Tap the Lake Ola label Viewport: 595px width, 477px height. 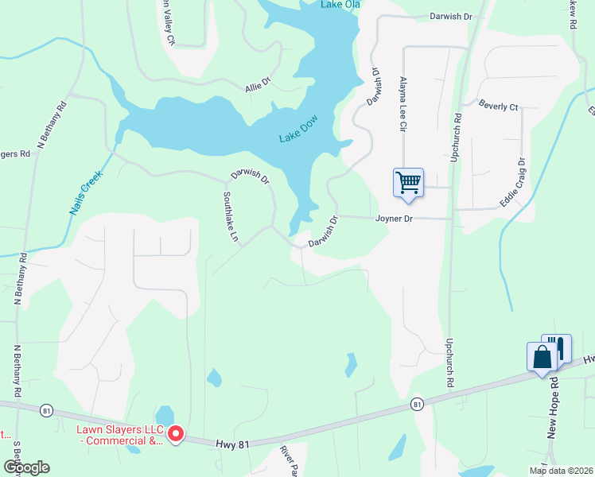coord(341,5)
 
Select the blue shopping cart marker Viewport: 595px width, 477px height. coord(408,182)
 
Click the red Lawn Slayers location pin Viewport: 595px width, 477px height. coord(174,434)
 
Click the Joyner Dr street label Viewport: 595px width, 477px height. coord(395,218)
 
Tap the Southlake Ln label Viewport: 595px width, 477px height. coord(231,218)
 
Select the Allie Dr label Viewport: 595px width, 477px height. coord(259,83)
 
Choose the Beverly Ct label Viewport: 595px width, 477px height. coord(498,106)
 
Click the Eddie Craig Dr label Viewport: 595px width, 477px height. coord(513,183)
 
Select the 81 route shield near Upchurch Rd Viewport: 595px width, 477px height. coord(417,405)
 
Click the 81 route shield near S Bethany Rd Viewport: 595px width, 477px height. coord(49,410)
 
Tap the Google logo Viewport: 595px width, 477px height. coord(26,467)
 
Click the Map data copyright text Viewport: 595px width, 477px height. coord(560,471)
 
